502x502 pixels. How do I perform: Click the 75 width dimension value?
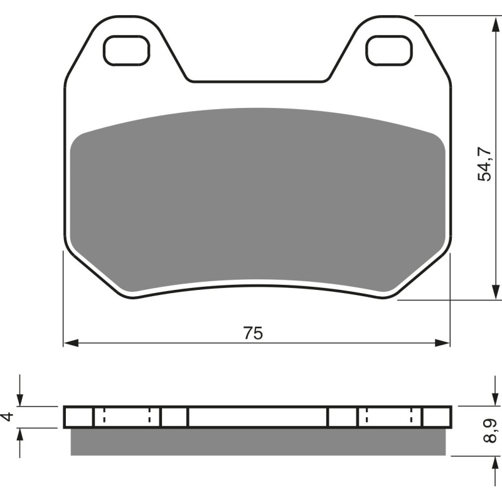[253, 333]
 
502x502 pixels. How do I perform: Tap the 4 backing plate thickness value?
[7, 417]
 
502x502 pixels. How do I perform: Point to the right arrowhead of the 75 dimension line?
[444, 343]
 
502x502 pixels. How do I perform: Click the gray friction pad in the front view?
[257, 201]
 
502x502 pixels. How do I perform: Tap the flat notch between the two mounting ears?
[257, 80]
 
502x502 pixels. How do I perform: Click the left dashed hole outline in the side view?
[127, 417]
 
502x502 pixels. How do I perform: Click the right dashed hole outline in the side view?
[390, 417]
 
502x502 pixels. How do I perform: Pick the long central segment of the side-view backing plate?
[257, 417]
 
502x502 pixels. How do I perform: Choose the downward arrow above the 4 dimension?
[20, 399]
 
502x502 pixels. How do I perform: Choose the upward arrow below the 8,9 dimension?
[490, 464]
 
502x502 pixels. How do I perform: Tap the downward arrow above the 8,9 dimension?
[490, 399]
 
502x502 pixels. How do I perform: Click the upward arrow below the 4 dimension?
[20, 435]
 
